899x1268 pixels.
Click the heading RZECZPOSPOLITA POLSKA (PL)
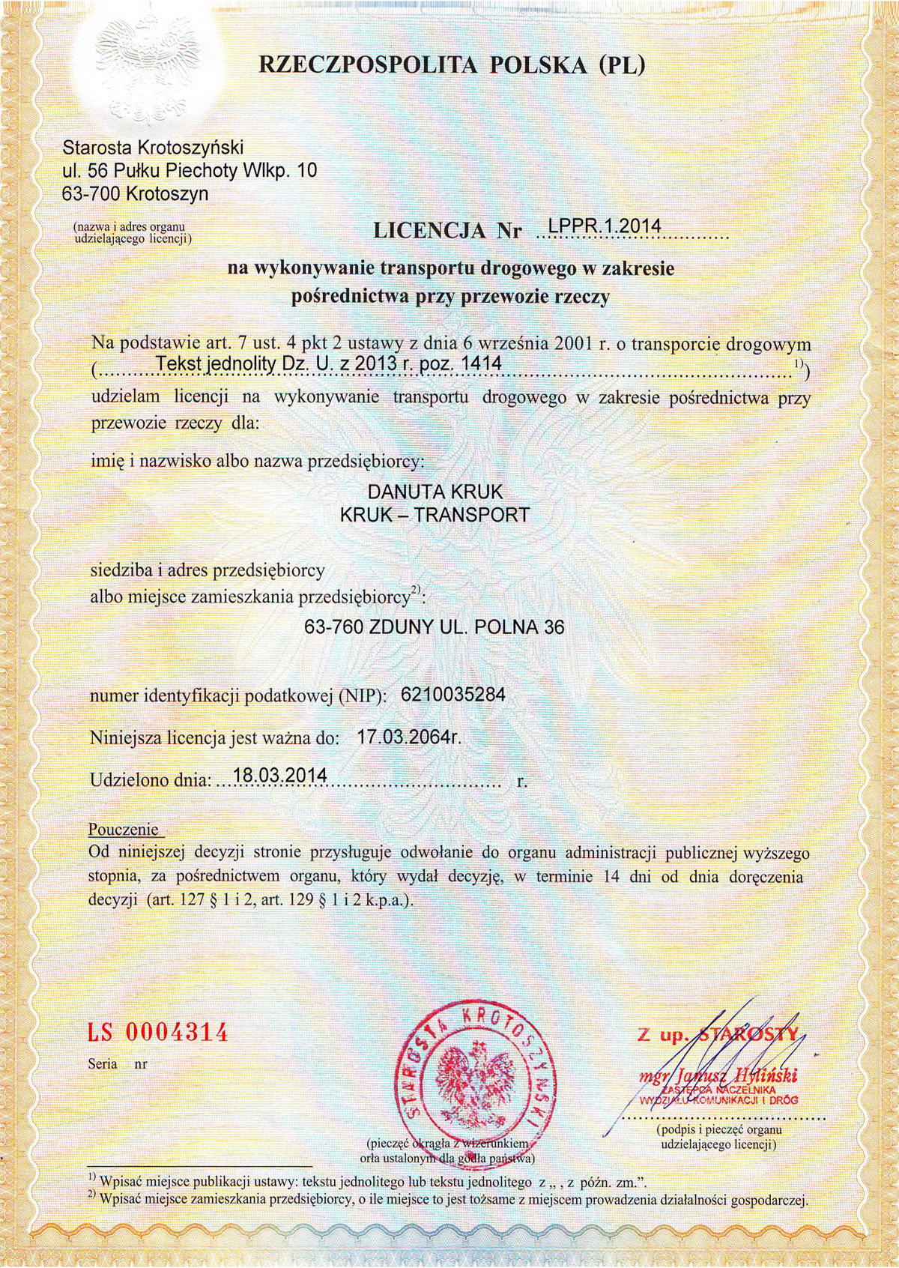[451, 66]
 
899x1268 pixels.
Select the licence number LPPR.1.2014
[604, 226]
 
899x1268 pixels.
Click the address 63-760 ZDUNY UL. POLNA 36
[435, 628]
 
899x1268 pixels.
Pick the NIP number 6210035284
[453, 695]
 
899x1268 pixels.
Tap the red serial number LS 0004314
[157, 1033]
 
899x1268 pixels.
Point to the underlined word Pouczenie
[124, 830]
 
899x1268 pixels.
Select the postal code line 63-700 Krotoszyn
[136, 194]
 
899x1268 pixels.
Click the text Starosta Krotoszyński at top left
[154, 146]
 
